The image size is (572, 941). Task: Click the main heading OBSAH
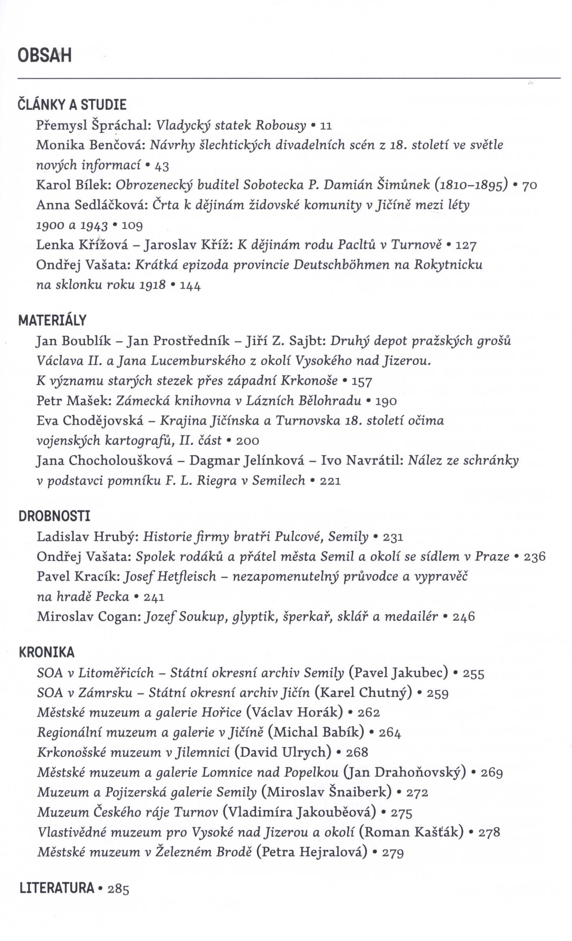pos(45,55)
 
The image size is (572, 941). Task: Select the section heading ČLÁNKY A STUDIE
pos(72,105)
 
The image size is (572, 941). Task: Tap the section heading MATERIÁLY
pos(52,320)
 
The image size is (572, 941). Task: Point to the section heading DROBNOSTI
pos(55,516)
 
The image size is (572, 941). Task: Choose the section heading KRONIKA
pos(47,652)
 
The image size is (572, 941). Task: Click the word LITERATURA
pos(57,888)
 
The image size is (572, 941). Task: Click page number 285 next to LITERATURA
pos(119,889)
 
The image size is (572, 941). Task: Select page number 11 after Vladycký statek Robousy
pos(326,126)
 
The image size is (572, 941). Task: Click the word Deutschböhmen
pos(341,265)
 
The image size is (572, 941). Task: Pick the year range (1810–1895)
pos(471,185)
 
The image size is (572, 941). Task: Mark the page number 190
pos(386,401)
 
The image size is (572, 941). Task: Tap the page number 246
pos(464,617)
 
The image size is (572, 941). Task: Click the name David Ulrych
pos(283,752)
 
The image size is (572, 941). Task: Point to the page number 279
pos(393,852)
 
